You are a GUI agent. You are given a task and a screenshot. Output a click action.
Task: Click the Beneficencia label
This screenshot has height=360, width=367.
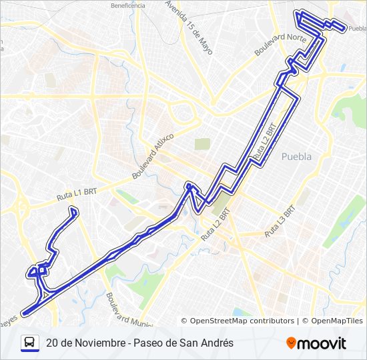coord(128,5)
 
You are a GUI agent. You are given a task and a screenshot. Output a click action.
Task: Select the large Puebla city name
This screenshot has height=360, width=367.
coord(297,157)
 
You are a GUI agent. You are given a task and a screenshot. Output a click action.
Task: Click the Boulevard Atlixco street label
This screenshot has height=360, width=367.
coord(153,155)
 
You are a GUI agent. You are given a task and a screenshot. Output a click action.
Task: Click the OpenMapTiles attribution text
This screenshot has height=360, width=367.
coord(337,321)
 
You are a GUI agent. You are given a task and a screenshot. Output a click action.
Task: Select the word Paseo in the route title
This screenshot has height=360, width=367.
coord(148,343)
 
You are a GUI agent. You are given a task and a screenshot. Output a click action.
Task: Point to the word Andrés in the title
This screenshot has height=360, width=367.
coord(216,343)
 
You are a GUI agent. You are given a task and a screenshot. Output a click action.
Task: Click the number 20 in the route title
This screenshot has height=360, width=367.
coord(52,343)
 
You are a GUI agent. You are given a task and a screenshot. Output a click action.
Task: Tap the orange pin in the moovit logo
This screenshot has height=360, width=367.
coord(291,343)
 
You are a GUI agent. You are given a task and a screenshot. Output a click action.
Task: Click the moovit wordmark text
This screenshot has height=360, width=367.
coord(322,343)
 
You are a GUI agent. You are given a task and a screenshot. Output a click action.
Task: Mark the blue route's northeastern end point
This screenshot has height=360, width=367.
coord(343,29)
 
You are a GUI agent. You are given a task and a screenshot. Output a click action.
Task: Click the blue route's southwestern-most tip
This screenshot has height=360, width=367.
coord(23,313)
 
